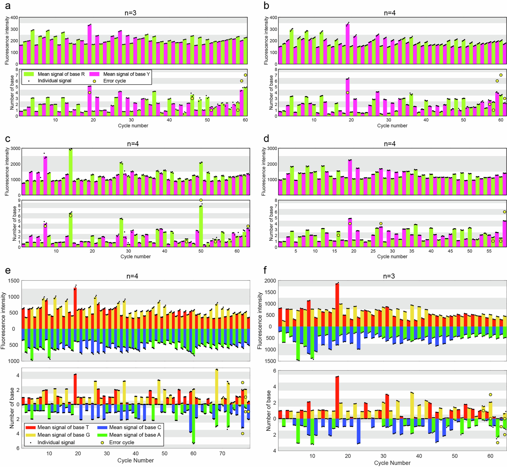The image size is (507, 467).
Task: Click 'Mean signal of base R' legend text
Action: click(61, 74)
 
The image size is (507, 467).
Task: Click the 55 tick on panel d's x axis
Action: click(489, 251)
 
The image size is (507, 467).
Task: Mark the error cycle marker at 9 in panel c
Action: click(201, 200)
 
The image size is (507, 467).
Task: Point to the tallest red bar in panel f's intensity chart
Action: click(337, 305)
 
